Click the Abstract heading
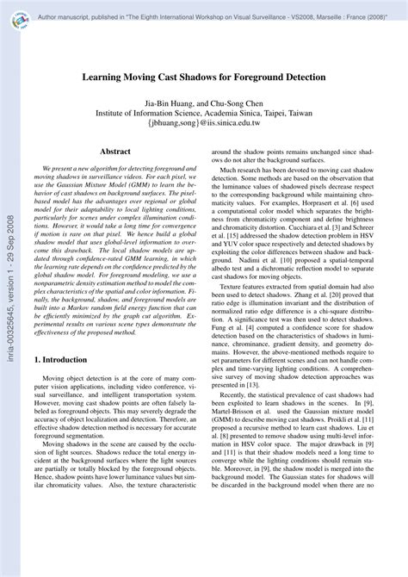[x=114, y=152]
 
